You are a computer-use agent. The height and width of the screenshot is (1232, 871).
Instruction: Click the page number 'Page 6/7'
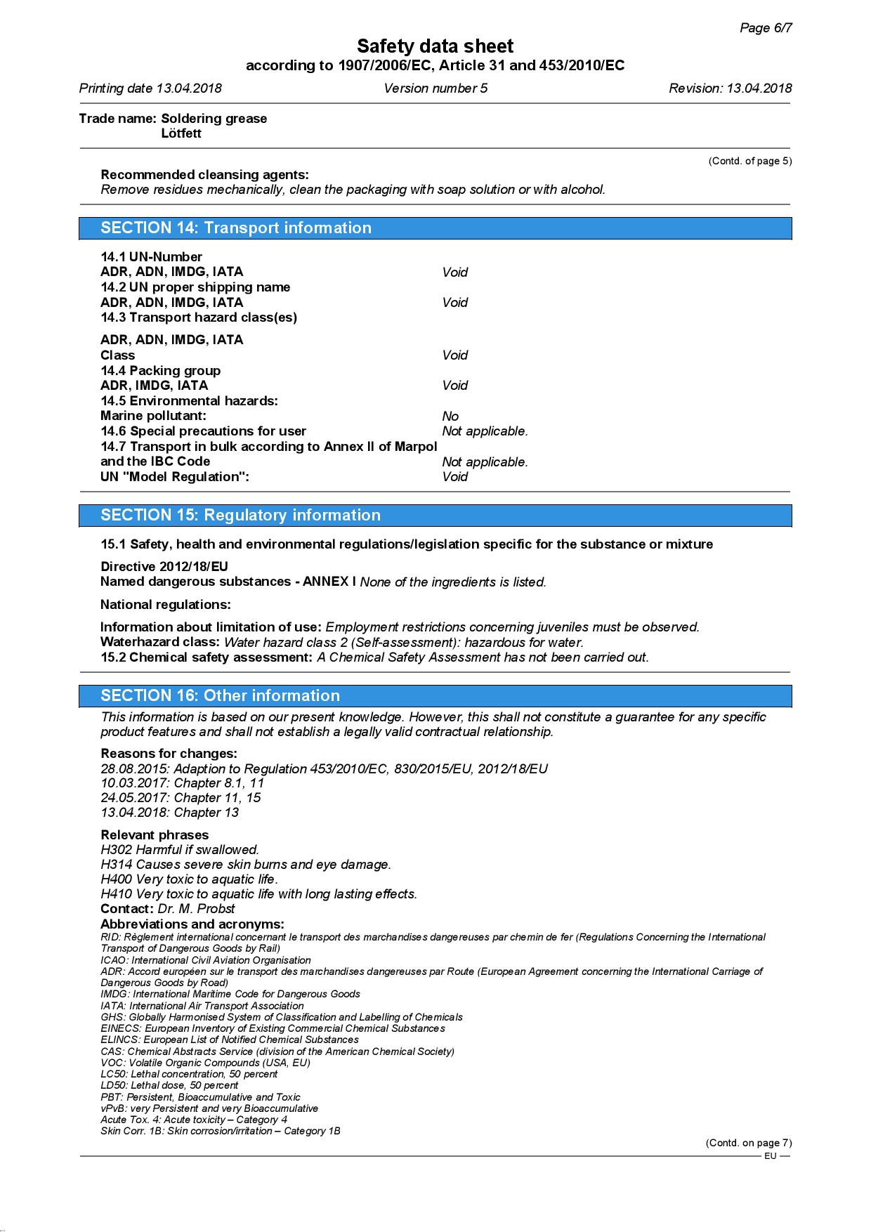point(766,28)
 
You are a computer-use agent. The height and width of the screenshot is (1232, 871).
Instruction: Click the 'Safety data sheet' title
point(435,46)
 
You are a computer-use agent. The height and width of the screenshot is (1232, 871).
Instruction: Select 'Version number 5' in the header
point(435,89)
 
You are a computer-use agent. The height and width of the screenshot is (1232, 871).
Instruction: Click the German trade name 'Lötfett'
point(181,133)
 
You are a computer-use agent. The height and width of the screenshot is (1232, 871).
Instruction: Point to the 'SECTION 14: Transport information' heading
point(236,228)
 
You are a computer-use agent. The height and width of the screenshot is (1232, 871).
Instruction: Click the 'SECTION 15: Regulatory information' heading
point(240,515)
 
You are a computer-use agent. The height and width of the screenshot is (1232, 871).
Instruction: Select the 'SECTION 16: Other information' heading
point(220,695)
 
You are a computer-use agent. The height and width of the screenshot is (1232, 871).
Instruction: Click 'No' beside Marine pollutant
point(450,417)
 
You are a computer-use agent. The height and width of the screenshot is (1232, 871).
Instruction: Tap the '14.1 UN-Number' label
point(151,257)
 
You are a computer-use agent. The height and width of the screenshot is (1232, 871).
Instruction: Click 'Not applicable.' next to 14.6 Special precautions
point(485,431)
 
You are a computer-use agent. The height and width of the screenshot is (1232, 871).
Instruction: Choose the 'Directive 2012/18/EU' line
point(164,566)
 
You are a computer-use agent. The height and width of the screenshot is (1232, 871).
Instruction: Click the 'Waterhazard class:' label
point(160,642)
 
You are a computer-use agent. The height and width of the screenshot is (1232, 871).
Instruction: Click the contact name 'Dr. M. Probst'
point(196,909)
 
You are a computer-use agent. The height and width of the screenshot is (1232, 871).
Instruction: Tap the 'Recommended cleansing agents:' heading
point(204,175)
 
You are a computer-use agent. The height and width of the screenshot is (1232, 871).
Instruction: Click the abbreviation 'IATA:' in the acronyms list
point(114,1006)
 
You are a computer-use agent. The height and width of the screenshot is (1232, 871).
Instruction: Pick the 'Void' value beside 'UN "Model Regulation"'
point(454,477)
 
